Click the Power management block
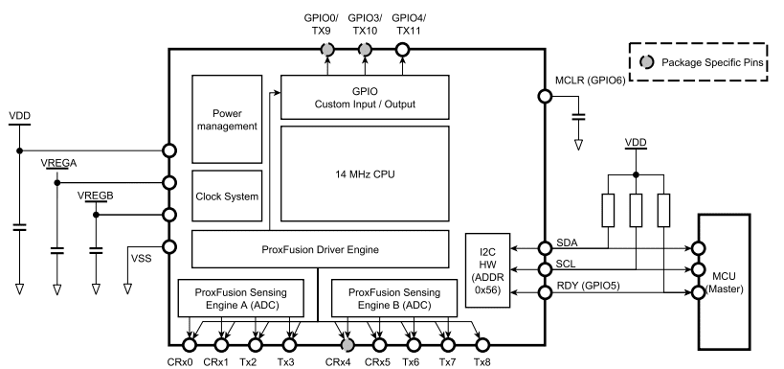coord(226,118)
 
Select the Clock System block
coord(226,196)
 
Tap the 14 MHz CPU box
coord(366,173)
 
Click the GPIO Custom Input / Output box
coord(366,96)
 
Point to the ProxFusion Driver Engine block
coord(319,249)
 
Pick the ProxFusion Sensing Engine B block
coord(390,298)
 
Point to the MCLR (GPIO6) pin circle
coord(544,96)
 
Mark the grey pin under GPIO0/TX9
coord(327,50)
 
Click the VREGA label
coord(58,164)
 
